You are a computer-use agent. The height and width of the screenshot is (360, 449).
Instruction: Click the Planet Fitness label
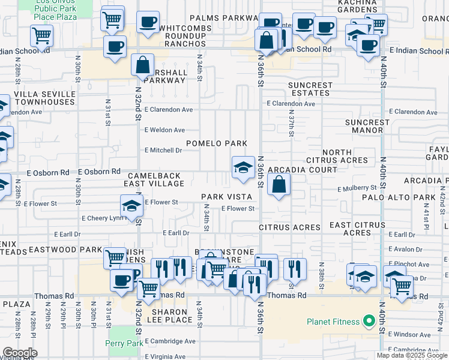click(x=333, y=322)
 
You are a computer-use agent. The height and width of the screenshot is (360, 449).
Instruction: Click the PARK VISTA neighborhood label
click(x=226, y=197)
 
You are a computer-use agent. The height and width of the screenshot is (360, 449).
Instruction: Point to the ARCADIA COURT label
click(x=302, y=170)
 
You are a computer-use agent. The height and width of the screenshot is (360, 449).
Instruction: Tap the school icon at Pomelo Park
click(x=243, y=169)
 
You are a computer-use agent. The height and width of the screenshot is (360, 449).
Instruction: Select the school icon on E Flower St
click(x=131, y=207)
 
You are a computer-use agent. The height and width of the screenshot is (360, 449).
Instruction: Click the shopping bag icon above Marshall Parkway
click(x=142, y=66)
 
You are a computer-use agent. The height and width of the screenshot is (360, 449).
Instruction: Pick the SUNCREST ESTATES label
click(x=310, y=89)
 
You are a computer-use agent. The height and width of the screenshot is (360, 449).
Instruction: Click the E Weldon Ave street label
click(x=164, y=130)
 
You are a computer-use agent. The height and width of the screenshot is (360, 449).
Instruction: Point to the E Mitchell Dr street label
click(x=163, y=150)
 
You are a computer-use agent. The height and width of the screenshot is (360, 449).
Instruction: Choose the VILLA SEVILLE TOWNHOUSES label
click(x=45, y=98)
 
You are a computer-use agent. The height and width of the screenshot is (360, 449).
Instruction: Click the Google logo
click(x=20, y=353)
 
